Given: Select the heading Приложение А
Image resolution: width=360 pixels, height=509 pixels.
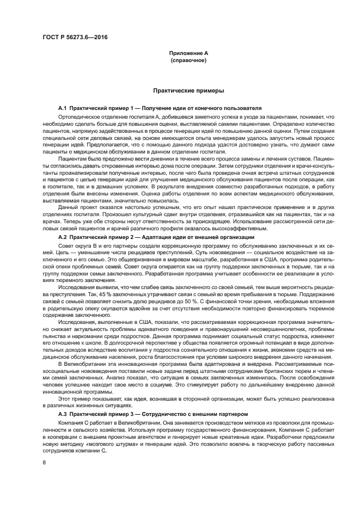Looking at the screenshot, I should (x=188, y=53).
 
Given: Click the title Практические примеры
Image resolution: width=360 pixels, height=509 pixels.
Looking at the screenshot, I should (x=188, y=91).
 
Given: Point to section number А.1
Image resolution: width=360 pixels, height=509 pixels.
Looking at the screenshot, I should (x=62, y=109).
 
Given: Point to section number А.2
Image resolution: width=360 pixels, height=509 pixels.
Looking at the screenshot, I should (x=62, y=237).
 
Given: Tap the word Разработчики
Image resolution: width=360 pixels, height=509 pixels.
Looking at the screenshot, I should (x=288, y=437).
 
